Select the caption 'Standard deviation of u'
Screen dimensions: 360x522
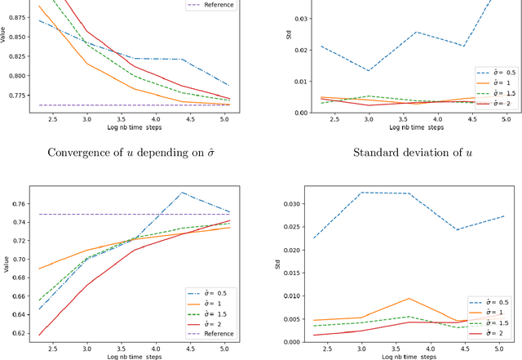[x=398, y=153]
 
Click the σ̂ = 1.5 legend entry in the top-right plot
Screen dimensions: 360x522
[x=489, y=93]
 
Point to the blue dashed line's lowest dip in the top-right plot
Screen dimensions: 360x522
[x=369, y=70]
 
